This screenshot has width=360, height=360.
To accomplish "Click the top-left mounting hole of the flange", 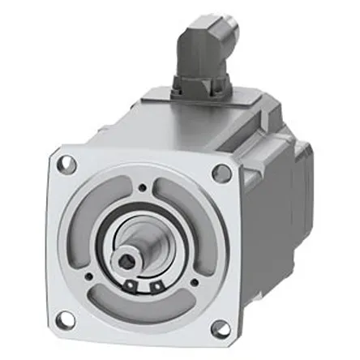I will pos(68,165).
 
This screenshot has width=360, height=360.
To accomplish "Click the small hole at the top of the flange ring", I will pos(143,189).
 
